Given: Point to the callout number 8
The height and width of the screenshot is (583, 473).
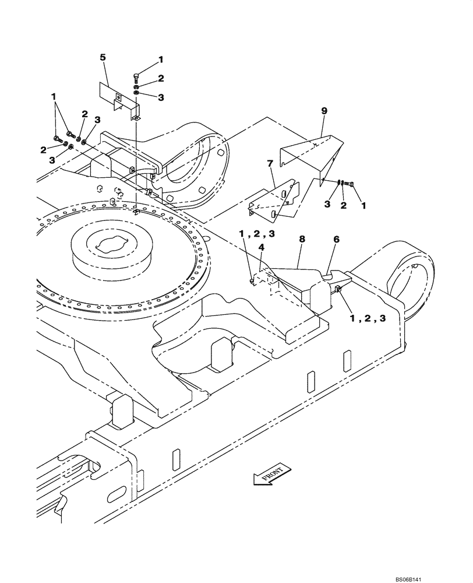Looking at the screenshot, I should [302, 239].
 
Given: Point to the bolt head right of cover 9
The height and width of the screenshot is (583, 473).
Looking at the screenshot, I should [351, 185].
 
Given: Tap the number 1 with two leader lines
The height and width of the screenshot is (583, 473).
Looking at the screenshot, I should [54, 95].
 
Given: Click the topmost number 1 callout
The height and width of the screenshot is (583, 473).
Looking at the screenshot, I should [161, 59].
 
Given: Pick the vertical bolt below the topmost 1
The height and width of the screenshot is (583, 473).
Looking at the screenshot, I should [136, 75].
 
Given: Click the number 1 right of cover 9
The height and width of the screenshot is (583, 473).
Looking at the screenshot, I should [364, 205].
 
